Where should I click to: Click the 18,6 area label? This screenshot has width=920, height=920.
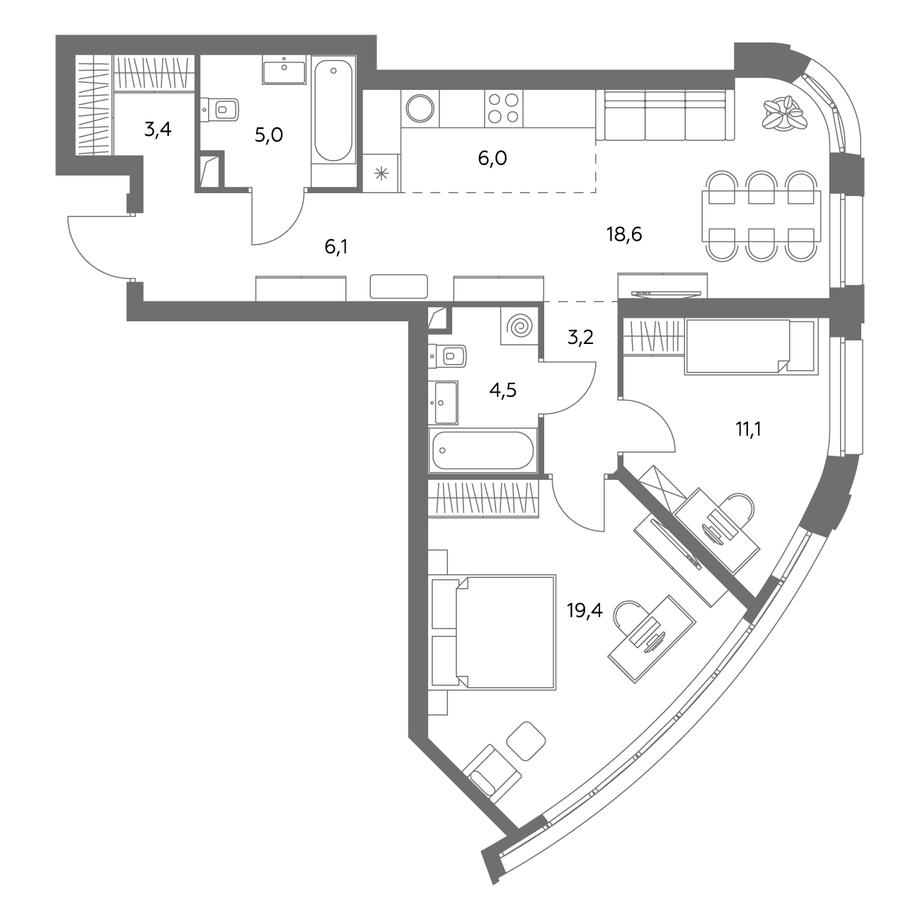624,234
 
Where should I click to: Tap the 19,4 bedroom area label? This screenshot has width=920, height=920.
585,610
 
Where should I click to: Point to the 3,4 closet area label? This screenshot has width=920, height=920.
158,129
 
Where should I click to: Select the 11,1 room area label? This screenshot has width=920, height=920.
748,430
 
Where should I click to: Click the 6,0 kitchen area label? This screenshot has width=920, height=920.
493,158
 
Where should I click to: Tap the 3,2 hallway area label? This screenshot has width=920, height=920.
580,338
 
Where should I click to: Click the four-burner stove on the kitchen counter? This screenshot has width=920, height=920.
504,108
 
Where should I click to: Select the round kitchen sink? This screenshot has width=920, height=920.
420,108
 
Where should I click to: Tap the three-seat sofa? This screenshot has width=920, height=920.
665,115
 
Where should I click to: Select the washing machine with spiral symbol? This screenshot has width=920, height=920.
519,326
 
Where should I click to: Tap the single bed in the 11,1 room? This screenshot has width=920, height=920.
749,346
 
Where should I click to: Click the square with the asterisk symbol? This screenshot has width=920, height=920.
381,173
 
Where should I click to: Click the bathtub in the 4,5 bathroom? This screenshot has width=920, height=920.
483,450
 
